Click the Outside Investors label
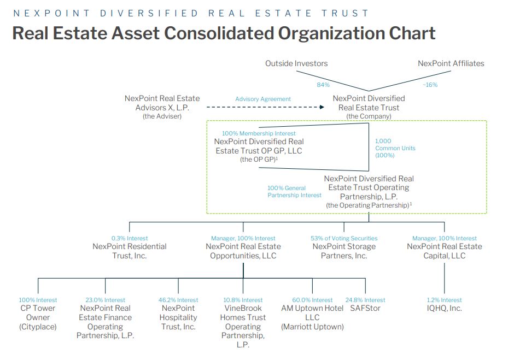pyautogui.click(x=296, y=63)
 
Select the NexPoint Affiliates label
pyautogui.click(x=451, y=63)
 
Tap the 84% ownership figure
pyautogui.click(x=323, y=85)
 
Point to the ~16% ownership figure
pyautogui.click(x=430, y=85)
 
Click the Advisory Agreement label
pyautogui.click(x=263, y=99)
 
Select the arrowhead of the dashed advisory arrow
pyautogui.click(x=322, y=107)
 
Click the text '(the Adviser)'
pyautogui.click(x=162, y=116)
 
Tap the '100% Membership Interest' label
pyautogui.click(x=259, y=133)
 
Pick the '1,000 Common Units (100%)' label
pyautogui.click(x=395, y=147)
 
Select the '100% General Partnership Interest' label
pyautogui.click(x=294, y=192)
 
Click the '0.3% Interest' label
pyautogui.click(x=130, y=238)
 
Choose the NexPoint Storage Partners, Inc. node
pyautogui.click(x=344, y=251)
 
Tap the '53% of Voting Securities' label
pyautogui.click(x=344, y=238)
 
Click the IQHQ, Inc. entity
pyautogui.click(x=444, y=308)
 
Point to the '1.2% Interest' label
pyautogui.click(x=444, y=300)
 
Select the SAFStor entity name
pyautogui.click(x=365, y=308)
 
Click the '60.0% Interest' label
pyautogui.click(x=312, y=300)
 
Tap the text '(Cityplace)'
pyautogui.click(x=38, y=327)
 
